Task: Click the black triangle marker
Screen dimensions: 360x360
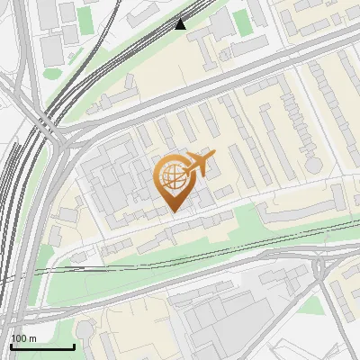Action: point(181,24)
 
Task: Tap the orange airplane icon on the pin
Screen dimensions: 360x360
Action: point(198,165)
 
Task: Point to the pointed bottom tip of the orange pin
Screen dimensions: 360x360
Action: point(172,212)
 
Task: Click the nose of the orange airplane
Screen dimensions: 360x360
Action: point(213,154)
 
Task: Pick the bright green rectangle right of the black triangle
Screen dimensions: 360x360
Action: point(241,21)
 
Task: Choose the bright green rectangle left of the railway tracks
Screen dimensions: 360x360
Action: point(85,20)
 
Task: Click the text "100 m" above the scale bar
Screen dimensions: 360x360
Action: point(24,338)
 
